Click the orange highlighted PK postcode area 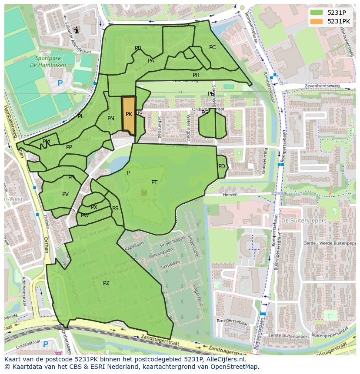point(129,114)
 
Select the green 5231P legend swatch point(317,13)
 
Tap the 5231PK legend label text point(339,21)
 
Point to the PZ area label point(106,283)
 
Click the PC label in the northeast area point(212,47)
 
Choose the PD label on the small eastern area point(222,166)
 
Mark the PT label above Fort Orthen point(154,182)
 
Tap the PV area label point(65,194)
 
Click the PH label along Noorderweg point(196,75)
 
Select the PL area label point(80,116)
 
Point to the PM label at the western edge point(46,142)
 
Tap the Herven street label point(230,195)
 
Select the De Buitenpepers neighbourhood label point(297,221)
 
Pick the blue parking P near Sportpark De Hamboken point(60,83)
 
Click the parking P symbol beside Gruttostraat point(46,344)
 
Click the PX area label point(94,207)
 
